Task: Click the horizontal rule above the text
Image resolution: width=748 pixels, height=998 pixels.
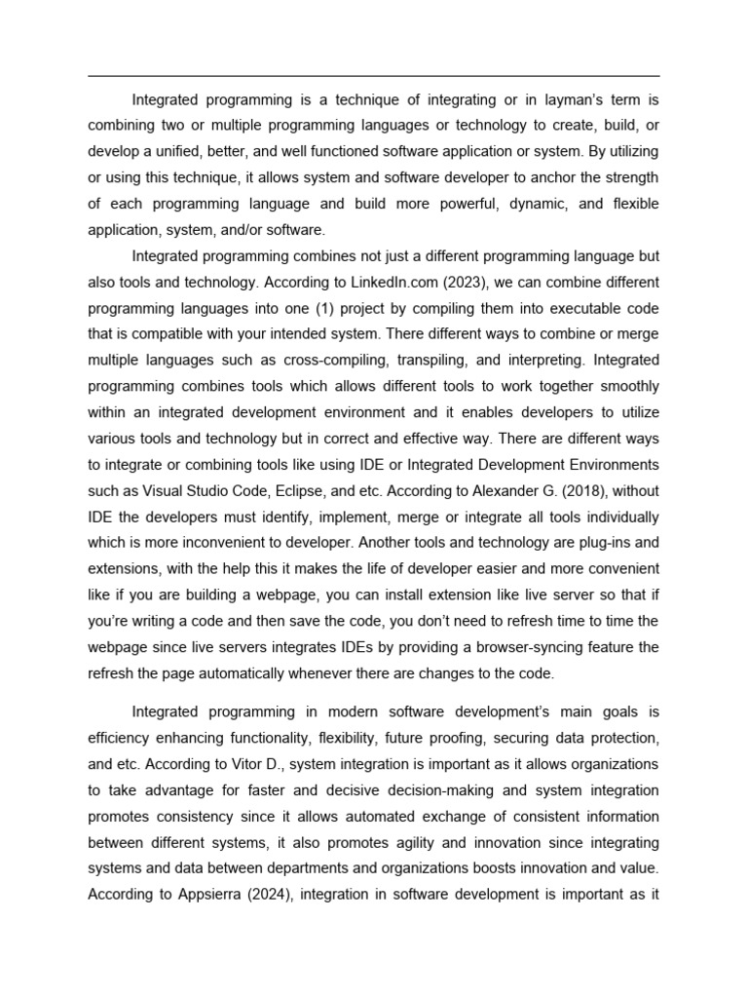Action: click(x=374, y=76)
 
